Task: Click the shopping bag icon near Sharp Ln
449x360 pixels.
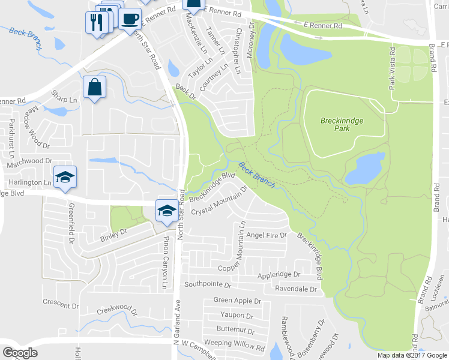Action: pyautogui.click(x=95, y=87)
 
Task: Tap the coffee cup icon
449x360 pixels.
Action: pyautogui.click(x=129, y=19)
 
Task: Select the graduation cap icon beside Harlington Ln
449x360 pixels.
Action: pyautogui.click(x=65, y=177)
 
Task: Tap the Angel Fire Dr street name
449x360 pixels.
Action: pyautogui.click(x=267, y=236)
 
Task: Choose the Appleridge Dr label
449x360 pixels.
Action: pyautogui.click(x=279, y=274)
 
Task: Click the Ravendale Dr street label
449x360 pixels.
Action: pyautogui.click(x=295, y=289)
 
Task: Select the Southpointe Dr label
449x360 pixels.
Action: pyautogui.click(x=208, y=284)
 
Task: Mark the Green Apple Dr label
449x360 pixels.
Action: pyautogui.click(x=238, y=300)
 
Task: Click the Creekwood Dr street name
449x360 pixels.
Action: pyautogui.click(x=117, y=313)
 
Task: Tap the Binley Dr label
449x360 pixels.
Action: pyautogui.click(x=114, y=231)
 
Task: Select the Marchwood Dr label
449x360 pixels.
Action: pyautogui.click(x=30, y=161)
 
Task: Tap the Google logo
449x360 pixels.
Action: pyautogui.click(x=20, y=353)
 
